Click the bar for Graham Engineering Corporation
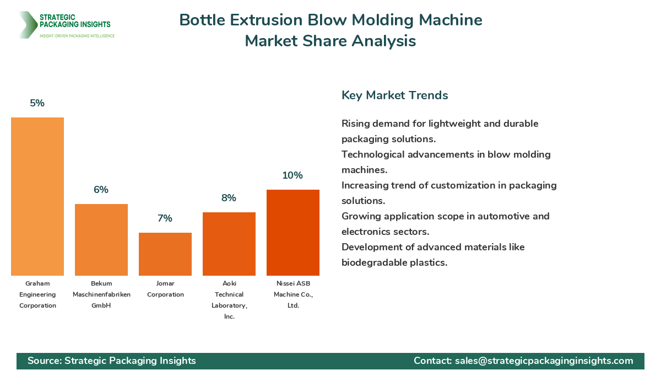coord(37,196)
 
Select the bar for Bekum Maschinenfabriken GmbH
coord(101,240)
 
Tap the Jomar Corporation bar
coord(165,254)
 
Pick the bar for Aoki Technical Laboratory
coord(229,244)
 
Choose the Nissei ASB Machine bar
coord(293,233)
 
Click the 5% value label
coord(37,103)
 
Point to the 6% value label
coord(101,190)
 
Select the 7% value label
coord(165,218)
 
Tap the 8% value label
coord(229,198)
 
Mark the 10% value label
coord(293,175)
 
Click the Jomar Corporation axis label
coord(165,289)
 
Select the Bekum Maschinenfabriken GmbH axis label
coord(101,294)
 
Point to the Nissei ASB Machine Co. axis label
coord(293,294)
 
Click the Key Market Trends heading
coord(394,95)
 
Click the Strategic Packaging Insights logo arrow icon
coord(27,25)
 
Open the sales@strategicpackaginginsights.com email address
coord(544,361)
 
